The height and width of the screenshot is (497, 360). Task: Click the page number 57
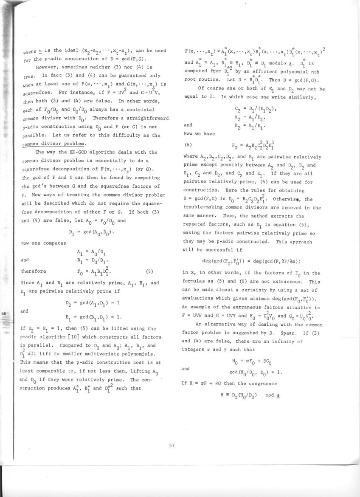[x=172, y=445]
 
